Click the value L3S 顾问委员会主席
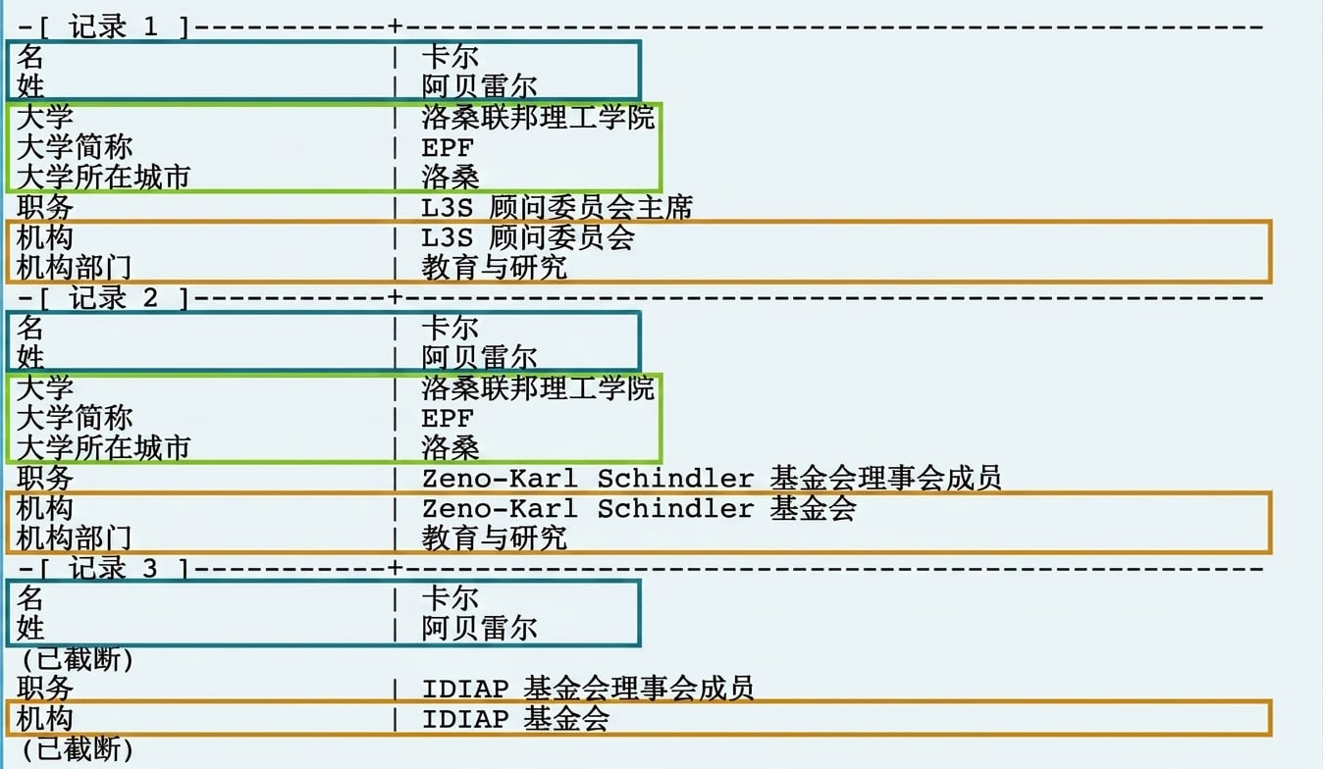556,207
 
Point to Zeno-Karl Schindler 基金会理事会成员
712,478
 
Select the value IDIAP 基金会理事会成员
588,689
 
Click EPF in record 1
448,147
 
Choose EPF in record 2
448,418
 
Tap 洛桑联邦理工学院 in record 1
538,117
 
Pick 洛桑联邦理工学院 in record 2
538,387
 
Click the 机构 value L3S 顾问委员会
528,237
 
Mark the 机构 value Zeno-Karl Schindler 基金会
639,508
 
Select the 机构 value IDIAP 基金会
515,719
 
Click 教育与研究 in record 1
495,268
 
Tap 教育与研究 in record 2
495,538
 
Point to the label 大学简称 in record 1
75,147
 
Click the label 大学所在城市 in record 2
103,447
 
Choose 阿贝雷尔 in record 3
480,628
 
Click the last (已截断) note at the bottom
78,748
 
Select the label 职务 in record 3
45,689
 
